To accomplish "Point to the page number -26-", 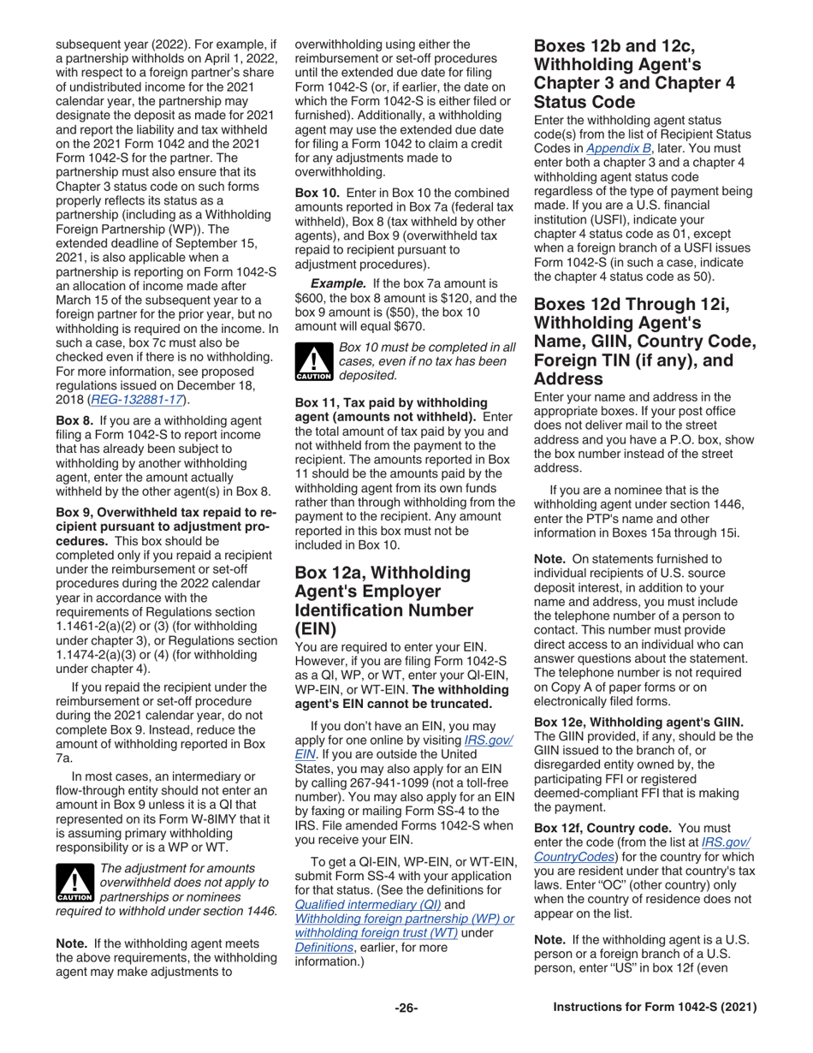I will coord(406,1008).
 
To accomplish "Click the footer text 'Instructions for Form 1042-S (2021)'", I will coord(656,1008).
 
